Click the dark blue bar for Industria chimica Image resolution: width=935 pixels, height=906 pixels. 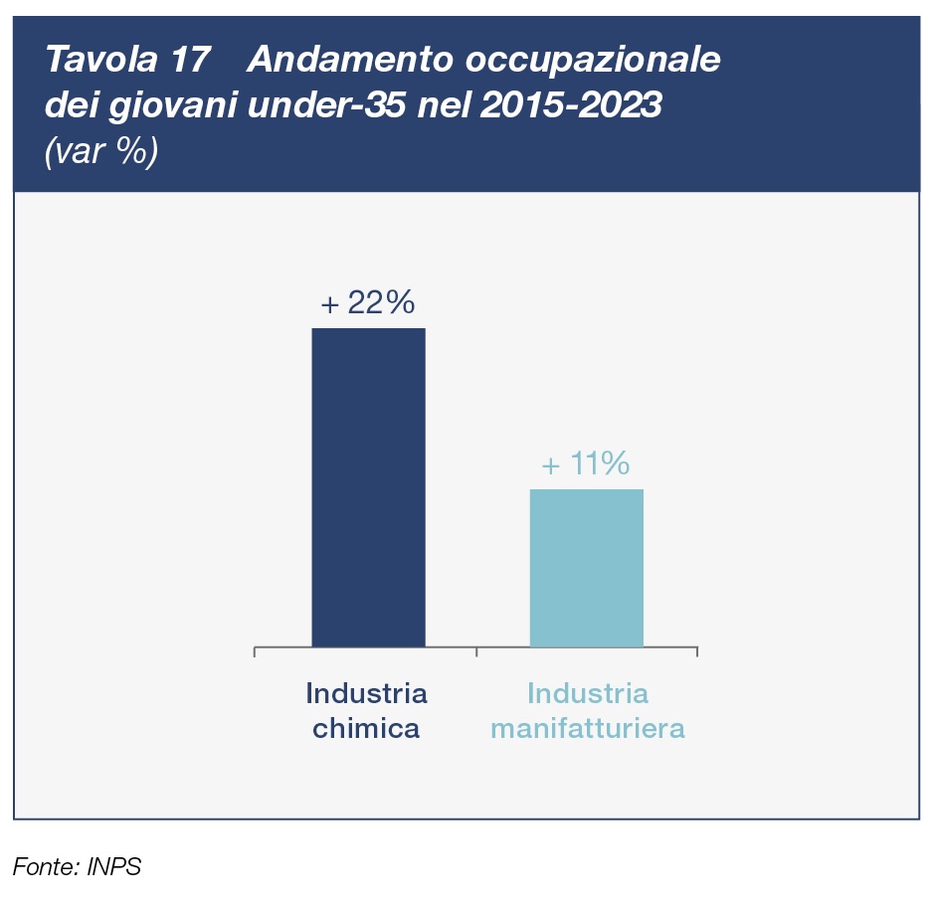point(368,487)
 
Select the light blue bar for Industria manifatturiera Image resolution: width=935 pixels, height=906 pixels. point(586,568)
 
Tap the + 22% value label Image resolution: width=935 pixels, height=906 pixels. point(367,303)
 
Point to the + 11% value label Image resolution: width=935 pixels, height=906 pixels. point(585,464)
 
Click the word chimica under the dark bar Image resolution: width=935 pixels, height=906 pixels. point(366,729)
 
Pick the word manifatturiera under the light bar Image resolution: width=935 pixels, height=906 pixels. point(588,729)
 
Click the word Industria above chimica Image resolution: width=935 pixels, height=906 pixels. point(366,692)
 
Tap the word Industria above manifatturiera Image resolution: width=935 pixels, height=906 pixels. point(588,692)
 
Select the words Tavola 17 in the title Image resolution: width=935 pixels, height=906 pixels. point(126,61)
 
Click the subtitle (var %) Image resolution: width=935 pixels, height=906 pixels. point(100,151)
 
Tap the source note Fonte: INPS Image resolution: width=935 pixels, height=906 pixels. point(78,866)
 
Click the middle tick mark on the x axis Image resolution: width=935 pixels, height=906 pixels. point(476,651)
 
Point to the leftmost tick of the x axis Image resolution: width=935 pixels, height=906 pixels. point(256,651)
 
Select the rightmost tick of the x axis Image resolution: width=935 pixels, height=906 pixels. point(696,651)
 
